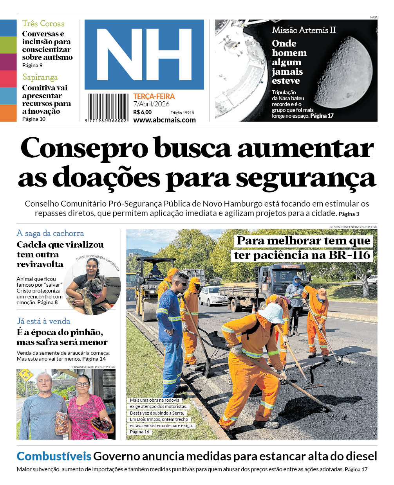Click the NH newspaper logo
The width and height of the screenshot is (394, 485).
144,54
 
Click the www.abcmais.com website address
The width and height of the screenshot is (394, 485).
164,120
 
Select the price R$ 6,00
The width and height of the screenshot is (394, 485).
142,112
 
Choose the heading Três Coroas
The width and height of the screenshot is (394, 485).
43,23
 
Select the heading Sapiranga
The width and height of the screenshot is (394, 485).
40,77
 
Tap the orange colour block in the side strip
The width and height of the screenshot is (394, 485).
8,113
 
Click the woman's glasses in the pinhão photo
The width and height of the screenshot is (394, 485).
83,384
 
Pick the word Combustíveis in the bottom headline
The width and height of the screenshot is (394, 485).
54,456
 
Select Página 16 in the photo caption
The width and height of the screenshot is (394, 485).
139,432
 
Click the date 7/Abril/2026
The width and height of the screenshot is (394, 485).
151,104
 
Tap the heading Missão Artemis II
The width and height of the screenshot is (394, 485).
304,30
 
